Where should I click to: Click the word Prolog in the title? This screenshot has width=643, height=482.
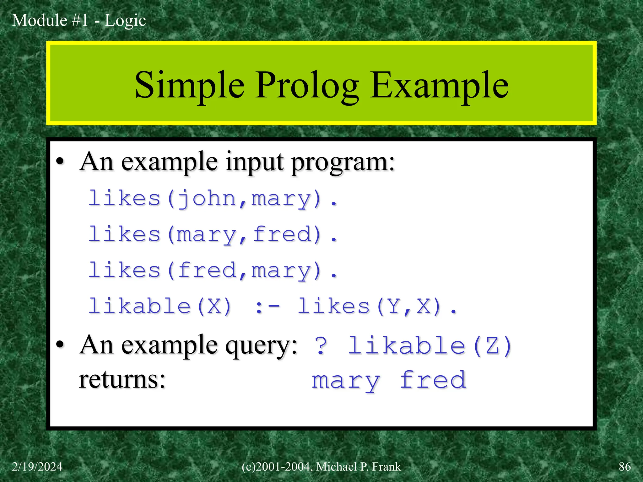pyautogui.click(x=307, y=85)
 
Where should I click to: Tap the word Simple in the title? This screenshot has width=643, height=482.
pyautogui.click(x=189, y=85)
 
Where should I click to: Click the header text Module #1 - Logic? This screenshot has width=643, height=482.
pyautogui.click(x=79, y=20)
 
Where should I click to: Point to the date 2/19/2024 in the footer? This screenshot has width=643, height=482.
pyautogui.click(x=37, y=467)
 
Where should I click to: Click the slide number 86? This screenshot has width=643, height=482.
pyautogui.click(x=624, y=467)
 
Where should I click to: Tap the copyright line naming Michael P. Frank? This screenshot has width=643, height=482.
pyautogui.click(x=321, y=467)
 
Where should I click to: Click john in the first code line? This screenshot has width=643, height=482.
pyautogui.click(x=207, y=199)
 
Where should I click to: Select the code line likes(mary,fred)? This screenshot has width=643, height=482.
pyautogui.click(x=213, y=235)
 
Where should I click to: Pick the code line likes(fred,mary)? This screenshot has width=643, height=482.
pyautogui.click(x=213, y=270)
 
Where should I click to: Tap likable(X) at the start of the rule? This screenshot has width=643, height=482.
pyautogui.click(x=160, y=307)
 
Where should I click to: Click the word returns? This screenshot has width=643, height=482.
pyautogui.click(x=122, y=380)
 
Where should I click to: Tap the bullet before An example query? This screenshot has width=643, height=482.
pyautogui.click(x=60, y=345)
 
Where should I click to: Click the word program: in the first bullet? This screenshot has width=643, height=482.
pyautogui.click(x=343, y=162)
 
